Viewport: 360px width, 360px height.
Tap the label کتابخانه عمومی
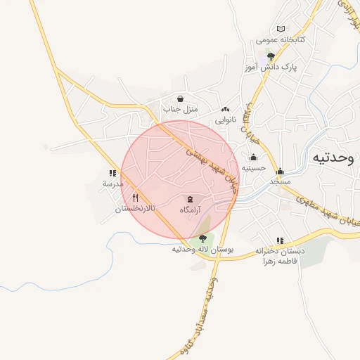click(281, 40)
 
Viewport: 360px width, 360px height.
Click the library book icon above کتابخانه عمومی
click(282, 29)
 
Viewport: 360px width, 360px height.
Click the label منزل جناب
click(181, 110)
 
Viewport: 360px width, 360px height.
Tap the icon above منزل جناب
click(181, 98)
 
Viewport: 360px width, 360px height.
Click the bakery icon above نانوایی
click(225, 109)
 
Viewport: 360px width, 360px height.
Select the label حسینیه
click(253, 168)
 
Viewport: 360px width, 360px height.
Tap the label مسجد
click(280, 182)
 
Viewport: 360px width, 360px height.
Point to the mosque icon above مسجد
click(280, 171)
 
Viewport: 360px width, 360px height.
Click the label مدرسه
click(112, 184)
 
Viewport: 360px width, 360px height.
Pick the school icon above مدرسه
click(112, 172)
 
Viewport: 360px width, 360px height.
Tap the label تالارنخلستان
click(135, 210)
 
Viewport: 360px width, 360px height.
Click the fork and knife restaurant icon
click(135, 198)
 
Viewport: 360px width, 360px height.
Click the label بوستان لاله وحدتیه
click(202, 250)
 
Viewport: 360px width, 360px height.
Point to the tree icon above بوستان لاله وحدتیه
click(202, 238)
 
